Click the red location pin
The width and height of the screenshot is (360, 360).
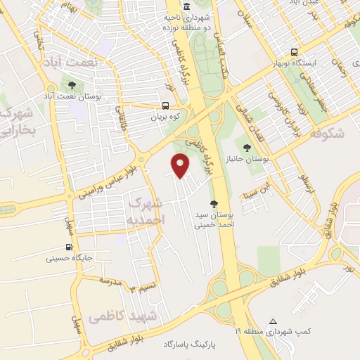pyautogui.click(x=181, y=166)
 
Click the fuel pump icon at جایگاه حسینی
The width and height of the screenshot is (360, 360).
pyautogui.click(x=68, y=247)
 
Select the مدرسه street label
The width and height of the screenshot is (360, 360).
pyautogui.click(x=111, y=281)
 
